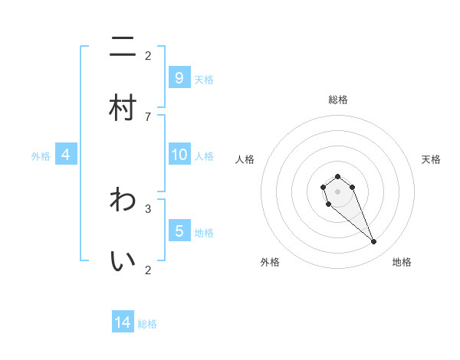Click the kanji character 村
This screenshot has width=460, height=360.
click(123, 108)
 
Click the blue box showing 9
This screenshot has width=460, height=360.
click(179, 77)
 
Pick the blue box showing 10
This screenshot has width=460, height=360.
click(179, 155)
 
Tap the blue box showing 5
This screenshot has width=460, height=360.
click(179, 231)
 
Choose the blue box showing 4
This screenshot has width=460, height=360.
click(66, 155)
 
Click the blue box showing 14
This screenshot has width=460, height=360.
click(123, 322)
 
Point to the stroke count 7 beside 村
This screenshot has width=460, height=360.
click(148, 116)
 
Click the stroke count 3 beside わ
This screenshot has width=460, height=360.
click(148, 208)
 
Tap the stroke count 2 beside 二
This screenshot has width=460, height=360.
click(148, 55)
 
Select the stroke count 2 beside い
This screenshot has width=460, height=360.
click(148, 270)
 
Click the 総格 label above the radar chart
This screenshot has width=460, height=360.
click(338, 100)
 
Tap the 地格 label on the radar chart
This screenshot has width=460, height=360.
click(402, 262)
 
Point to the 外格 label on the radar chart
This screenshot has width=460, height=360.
click(270, 262)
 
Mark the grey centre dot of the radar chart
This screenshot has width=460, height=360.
click(337, 191)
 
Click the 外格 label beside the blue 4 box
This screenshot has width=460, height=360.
click(41, 155)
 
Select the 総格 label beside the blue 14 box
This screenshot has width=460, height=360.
click(147, 324)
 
